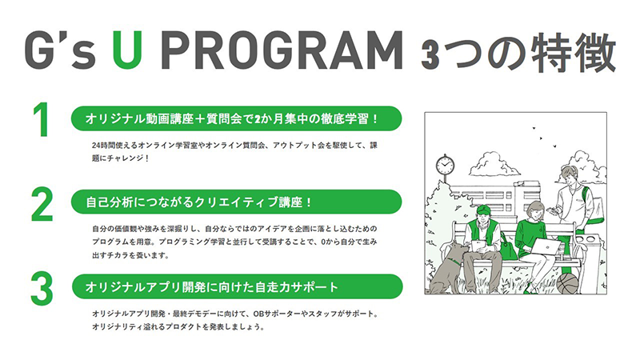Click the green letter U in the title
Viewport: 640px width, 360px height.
(127, 50)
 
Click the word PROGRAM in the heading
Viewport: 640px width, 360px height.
(282, 50)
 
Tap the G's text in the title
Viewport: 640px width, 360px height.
(60, 50)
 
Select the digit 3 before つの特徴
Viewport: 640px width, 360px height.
(430, 54)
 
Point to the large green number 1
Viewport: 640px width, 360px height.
(42, 119)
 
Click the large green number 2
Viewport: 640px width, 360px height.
(42, 204)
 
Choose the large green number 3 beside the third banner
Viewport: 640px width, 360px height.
(42, 289)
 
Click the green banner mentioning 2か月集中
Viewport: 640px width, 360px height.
(236, 118)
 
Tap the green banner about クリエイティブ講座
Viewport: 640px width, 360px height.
(236, 202)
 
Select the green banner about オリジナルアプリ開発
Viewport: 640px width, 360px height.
(237, 286)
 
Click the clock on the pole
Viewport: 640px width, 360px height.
(445, 165)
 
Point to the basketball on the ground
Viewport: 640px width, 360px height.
(567, 283)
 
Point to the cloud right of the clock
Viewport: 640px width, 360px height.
(494, 165)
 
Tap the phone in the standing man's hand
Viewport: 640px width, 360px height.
(552, 210)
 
